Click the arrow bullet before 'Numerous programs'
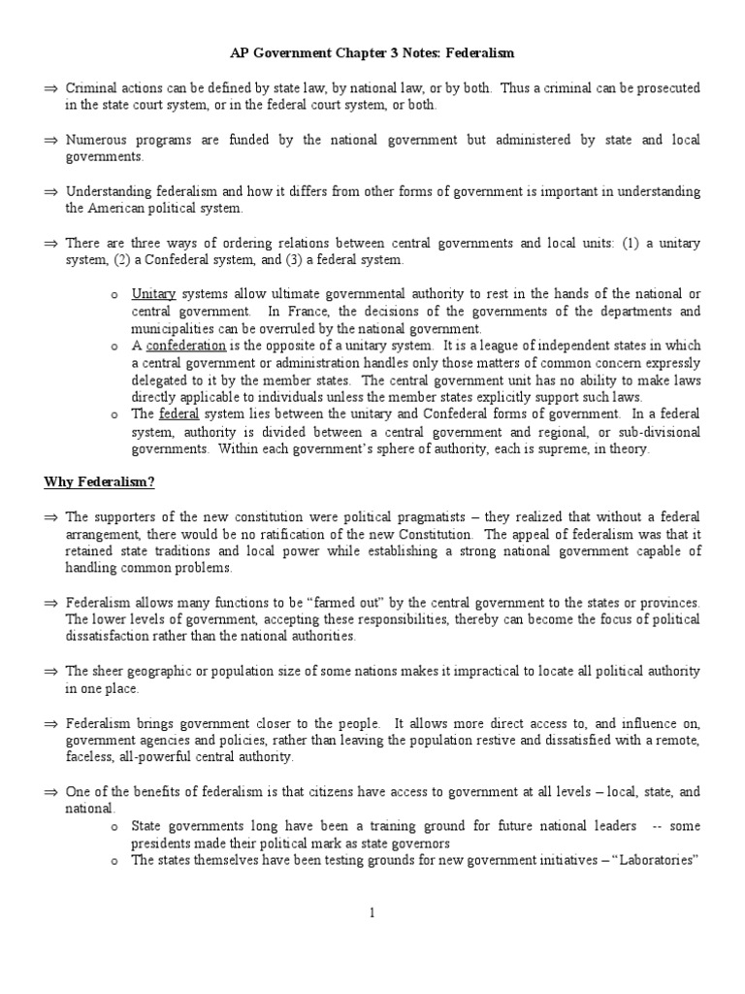(x=51, y=141)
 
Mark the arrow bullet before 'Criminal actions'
(x=51, y=88)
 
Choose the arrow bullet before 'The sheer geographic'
(x=51, y=672)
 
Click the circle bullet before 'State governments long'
(x=115, y=826)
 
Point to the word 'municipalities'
(x=172, y=329)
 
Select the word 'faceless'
(x=89, y=757)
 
